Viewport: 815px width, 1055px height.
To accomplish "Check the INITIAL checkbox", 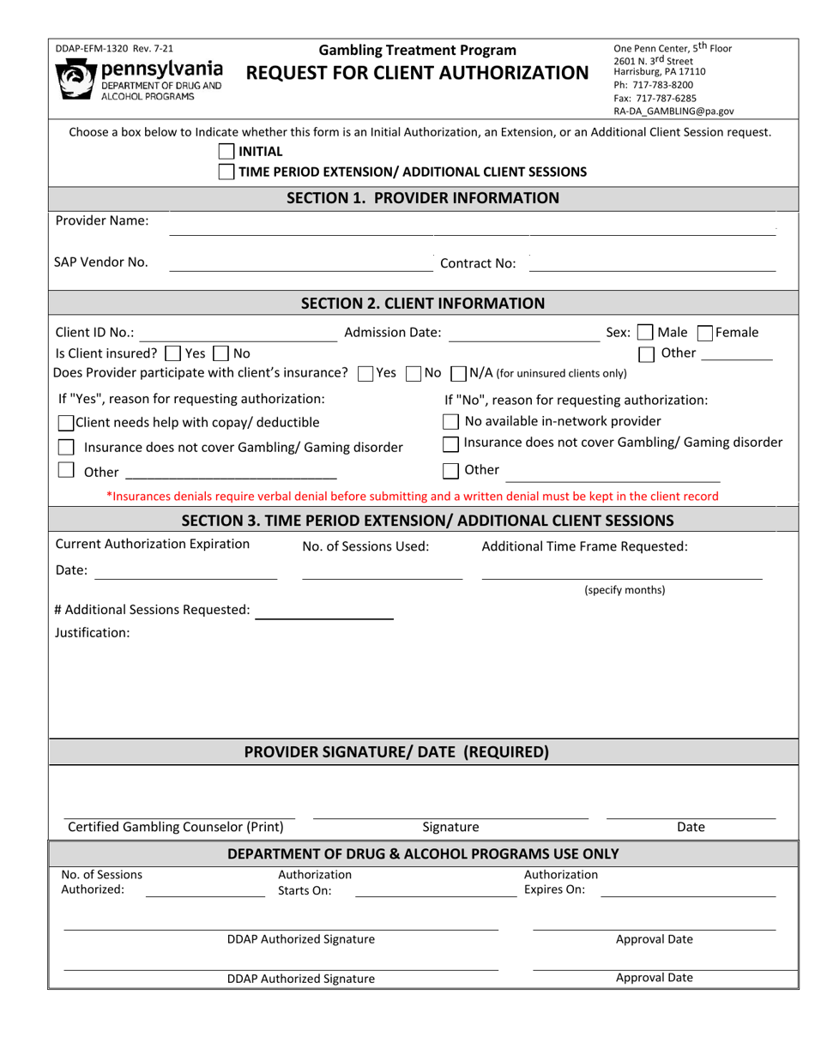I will tap(226, 152).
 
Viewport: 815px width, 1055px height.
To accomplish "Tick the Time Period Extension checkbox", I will tap(226, 172).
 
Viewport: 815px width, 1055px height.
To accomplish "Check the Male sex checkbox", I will tap(645, 333).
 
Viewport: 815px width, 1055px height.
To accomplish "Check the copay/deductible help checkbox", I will tap(66, 423).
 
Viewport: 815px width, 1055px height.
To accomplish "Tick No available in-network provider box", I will tap(450, 421).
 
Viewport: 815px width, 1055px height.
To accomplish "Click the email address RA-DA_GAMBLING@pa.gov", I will tap(673, 111).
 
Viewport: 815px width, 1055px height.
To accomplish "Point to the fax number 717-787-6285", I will tap(655, 98).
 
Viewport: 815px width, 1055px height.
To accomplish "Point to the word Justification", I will tap(93, 633).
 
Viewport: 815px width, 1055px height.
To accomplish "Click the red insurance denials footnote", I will tap(412, 496).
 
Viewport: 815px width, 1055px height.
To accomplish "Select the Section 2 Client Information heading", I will tap(423, 303).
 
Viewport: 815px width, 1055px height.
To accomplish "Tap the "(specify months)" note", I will tap(625, 590).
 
